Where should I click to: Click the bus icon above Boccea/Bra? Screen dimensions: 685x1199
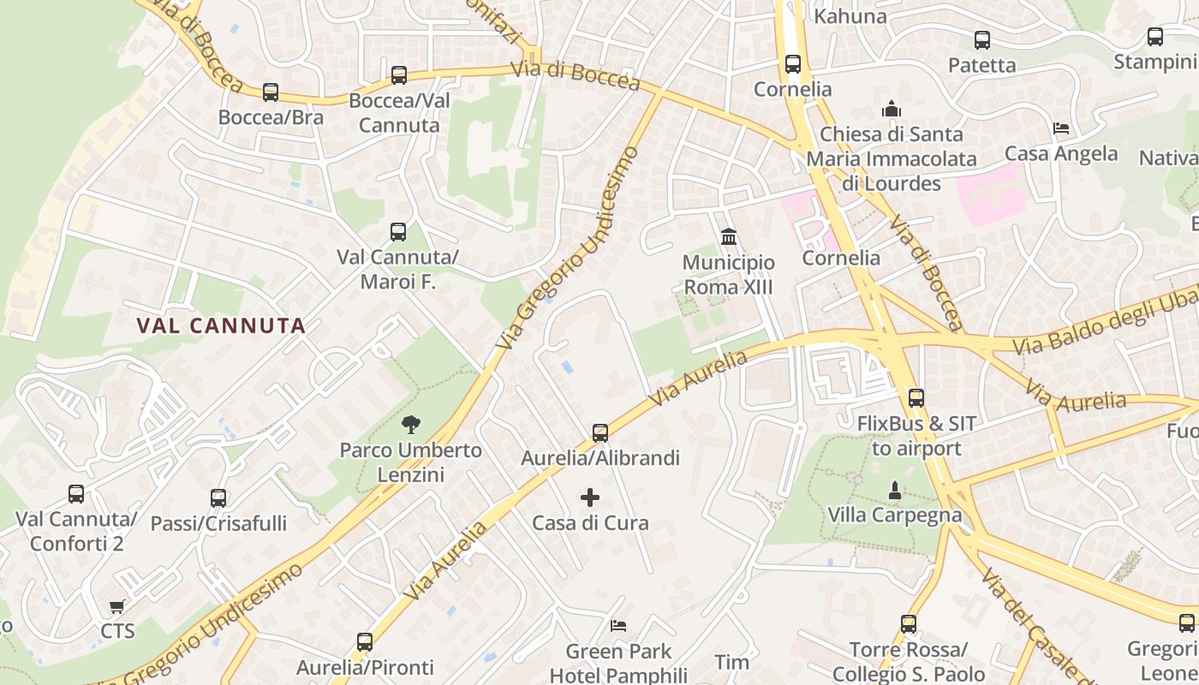[x=271, y=92]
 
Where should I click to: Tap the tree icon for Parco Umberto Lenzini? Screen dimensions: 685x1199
[x=411, y=424]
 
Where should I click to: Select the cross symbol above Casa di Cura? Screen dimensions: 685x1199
[x=590, y=497]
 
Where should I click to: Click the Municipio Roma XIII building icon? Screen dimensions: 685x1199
[x=729, y=236]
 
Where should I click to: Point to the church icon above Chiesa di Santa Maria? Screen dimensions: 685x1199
[x=892, y=110]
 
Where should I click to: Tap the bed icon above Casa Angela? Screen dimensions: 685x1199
[x=1061, y=129]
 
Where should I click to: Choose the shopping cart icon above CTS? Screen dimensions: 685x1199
[x=117, y=607]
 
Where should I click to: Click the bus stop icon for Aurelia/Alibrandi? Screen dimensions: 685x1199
[x=600, y=433]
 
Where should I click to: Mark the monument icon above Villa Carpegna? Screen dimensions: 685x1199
[x=895, y=491]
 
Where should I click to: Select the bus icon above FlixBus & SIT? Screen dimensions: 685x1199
[x=916, y=398]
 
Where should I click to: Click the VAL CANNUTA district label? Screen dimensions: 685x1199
[x=222, y=325]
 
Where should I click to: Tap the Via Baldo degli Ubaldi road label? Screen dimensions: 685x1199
[x=1105, y=324]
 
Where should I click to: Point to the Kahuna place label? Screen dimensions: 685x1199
[x=850, y=16]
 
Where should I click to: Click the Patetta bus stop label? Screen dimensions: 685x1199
[x=981, y=65]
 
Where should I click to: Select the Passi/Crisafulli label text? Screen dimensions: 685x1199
[x=218, y=523]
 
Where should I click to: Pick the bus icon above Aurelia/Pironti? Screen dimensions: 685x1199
[x=365, y=642]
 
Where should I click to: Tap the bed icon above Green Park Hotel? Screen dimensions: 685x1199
[x=618, y=626]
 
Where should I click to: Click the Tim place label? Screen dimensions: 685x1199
[x=731, y=662]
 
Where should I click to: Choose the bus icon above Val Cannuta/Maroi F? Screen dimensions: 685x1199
[x=398, y=232]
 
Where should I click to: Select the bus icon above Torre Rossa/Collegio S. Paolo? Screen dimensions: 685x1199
[x=909, y=624]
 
